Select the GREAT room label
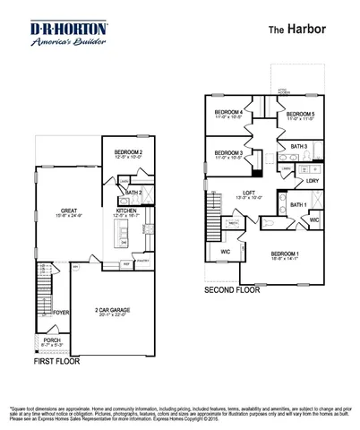click(x=56, y=211)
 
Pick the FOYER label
click(x=61, y=313)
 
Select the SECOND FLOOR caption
click(x=232, y=290)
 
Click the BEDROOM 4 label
click(x=229, y=111)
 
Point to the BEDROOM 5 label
click(x=299, y=115)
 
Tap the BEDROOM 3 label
click(x=229, y=153)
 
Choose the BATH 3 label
click(x=298, y=145)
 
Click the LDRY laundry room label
click(x=312, y=180)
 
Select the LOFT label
click(x=252, y=193)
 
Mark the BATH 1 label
click(x=298, y=205)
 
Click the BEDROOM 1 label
click(x=287, y=254)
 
